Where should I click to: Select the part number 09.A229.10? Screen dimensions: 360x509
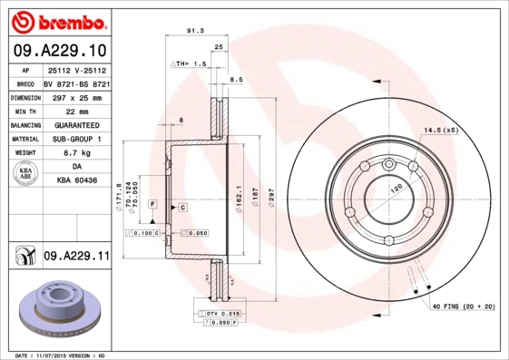(x=60, y=51)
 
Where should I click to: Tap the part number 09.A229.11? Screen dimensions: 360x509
(x=76, y=257)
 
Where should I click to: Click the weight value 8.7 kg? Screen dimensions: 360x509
(x=76, y=153)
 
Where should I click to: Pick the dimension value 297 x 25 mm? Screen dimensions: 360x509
(x=76, y=95)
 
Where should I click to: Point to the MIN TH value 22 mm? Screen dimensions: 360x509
(x=76, y=110)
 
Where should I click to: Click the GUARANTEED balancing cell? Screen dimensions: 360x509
(x=76, y=124)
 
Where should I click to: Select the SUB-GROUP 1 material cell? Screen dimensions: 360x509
(x=76, y=139)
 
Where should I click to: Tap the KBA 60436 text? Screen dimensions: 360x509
(x=76, y=182)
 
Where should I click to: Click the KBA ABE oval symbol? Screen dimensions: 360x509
(x=26, y=175)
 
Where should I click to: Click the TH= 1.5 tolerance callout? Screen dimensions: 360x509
(x=191, y=65)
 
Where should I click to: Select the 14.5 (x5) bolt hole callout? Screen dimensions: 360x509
(x=441, y=131)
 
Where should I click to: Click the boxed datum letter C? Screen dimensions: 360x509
(x=182, y=208)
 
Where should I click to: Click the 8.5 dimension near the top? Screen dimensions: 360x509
(x=236, y=80)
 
